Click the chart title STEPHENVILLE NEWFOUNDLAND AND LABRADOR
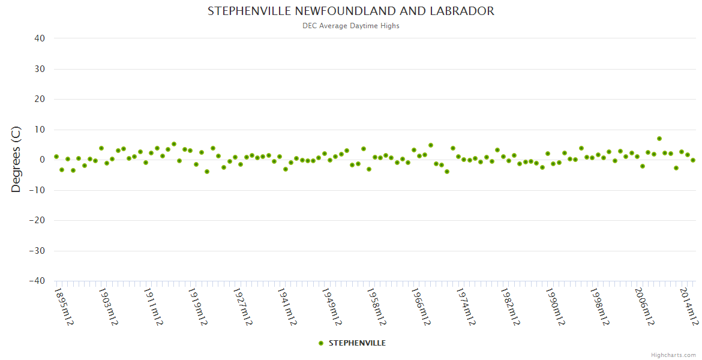pos(351,11)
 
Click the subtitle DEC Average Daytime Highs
pos(351,26)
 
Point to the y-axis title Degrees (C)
pos(16,160)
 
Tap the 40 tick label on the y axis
pos(40,38)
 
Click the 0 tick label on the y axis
pos(42,160)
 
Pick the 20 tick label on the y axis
pos(40,99)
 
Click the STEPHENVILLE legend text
pos(357,343)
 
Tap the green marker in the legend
pos(321,343)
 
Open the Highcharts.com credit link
pos(673,355)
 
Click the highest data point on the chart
pos(659,139)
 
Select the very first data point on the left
pos(56,157)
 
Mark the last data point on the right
pos(692,160)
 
